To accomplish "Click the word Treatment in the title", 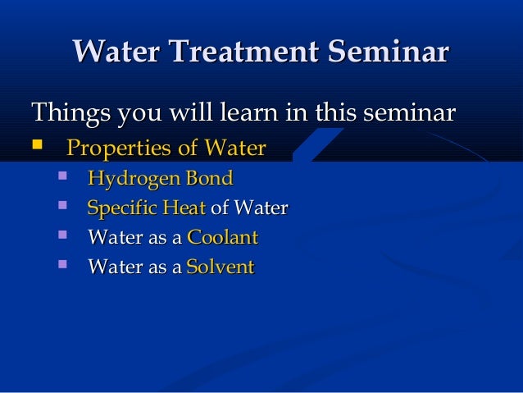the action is (x=243, y=51).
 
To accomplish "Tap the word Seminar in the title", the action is (x=389, y=51).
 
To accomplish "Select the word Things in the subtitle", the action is (x=70, y=113).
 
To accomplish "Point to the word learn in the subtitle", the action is (x=249, y=112).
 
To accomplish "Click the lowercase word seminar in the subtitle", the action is (x=409, y=112).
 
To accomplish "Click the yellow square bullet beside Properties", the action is (x=37, y=144).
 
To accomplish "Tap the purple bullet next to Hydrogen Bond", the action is (x=62, y=176).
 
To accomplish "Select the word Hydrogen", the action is (x=134, y=179).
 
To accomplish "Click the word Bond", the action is (x=210, y=178).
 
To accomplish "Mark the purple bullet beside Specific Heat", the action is (x=62, y=204).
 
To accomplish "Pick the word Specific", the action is (x=122, y=208).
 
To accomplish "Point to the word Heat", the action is (x=184, y=208).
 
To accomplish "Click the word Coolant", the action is (x=223, y=237).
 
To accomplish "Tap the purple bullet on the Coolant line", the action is (x=62, y=235).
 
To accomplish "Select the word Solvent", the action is (x=221, y=267).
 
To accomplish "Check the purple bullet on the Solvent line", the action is (x=62, y=264).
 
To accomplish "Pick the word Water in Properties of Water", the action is (x=235, y=147).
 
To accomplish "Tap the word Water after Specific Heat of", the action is (x=261, y=208).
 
